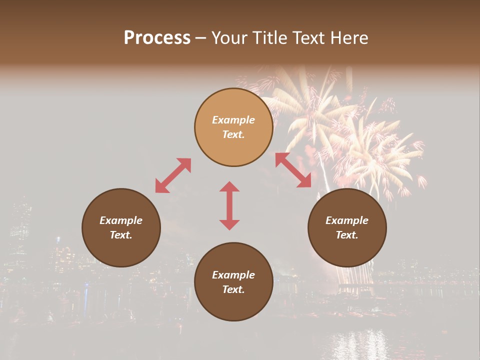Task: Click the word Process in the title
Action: click(x=157, y=38)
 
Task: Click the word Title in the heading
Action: click(x=268, y=38)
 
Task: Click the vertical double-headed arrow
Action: click(x=229, y=205)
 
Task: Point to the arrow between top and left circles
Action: click(x=173, y=175)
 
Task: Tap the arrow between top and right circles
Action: click(x=293, y=170)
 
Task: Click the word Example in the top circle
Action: click(x=233, y=120)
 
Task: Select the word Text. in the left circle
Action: click(x=121, y=235)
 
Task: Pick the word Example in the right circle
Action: click(x=347, y=220)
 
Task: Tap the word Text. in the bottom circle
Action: click(x=233, y=289)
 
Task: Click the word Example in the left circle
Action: click(x=121, y=220)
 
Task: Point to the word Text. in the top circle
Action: click(x=233, y=134)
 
